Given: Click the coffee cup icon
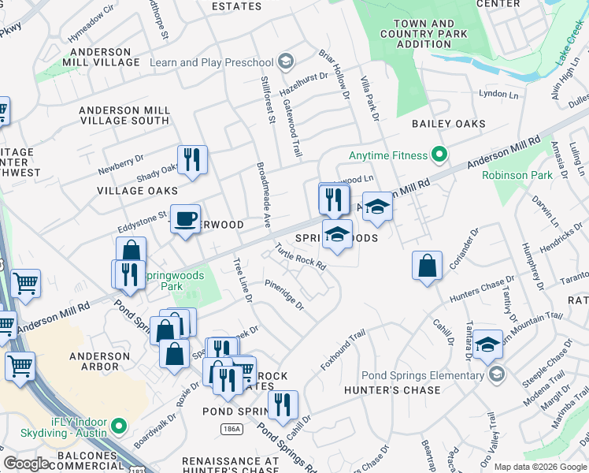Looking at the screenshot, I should click(186, 220).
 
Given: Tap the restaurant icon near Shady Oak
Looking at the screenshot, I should click(192, 160).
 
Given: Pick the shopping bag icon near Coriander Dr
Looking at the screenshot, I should click(427, 266).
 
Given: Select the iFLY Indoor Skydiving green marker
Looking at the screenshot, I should click(120, 426).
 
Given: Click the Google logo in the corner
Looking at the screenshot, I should click(25, 464).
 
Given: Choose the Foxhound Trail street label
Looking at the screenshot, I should click(343, 351).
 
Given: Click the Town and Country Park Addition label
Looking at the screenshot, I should click(424, 34).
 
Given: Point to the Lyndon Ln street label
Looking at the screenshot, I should click(499, 93).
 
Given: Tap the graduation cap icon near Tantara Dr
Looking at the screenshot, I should click(487, 344).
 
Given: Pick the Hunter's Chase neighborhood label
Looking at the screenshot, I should click(386, 389).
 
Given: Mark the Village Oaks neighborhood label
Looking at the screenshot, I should click(137, 191).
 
